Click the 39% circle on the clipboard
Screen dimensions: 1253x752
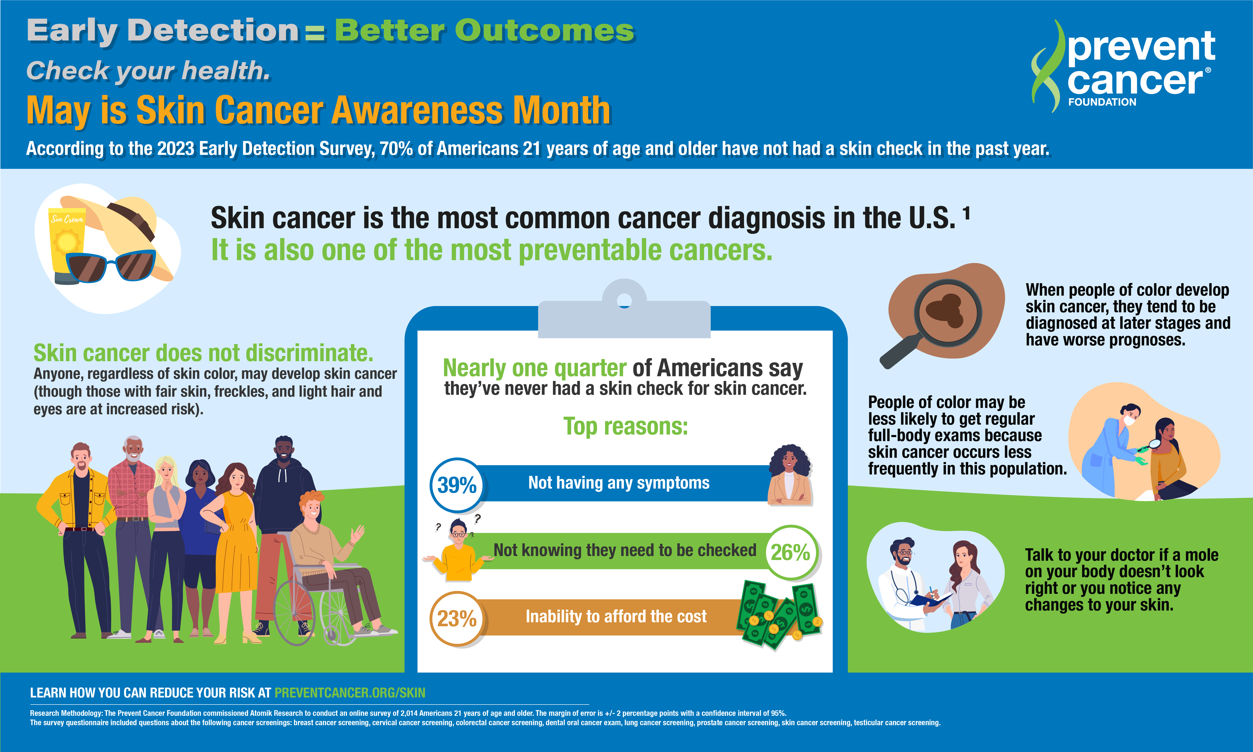pos(457,485)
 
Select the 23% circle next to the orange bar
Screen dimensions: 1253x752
pos(457,618)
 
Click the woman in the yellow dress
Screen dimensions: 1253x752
pos(236,552)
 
